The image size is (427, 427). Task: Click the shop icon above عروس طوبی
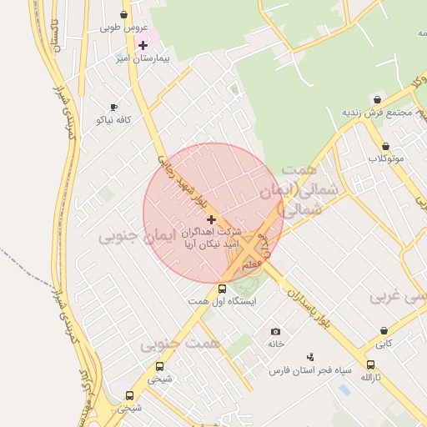[x=124, y=14]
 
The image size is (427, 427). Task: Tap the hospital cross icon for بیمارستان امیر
[x=143, y=44]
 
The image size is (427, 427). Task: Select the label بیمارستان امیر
[x=146, y=59]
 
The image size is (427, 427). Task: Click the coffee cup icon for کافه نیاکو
[x=114, y=107]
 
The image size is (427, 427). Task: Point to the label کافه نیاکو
[x=114, y=120]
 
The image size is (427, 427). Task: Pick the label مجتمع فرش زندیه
[x=377, y=113]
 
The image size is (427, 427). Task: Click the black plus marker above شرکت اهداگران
[x=210, y=219]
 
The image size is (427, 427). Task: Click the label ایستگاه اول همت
[x=222, y=301]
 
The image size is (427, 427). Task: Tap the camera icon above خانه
[x=275, y=331]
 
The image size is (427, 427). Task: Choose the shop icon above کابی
[x=384, y=330]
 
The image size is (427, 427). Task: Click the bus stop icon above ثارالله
[x=370, y=364]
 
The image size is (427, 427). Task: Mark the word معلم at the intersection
[x=252, y=264]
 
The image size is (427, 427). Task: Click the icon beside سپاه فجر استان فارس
[x=310, y=356]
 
